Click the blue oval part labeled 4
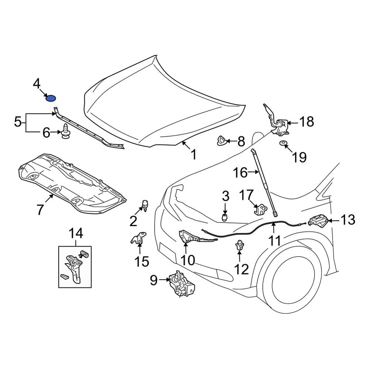pos(50,98)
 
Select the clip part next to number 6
pos(66,133)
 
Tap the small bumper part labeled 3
pos(224,217)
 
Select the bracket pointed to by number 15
pos(139,239)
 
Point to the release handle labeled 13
pos(317,221)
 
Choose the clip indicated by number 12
pos(240,245)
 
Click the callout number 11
pos(275,241)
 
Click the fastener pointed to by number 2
pos(145,205)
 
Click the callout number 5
pos(18,122)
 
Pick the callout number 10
pos(187,260)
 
